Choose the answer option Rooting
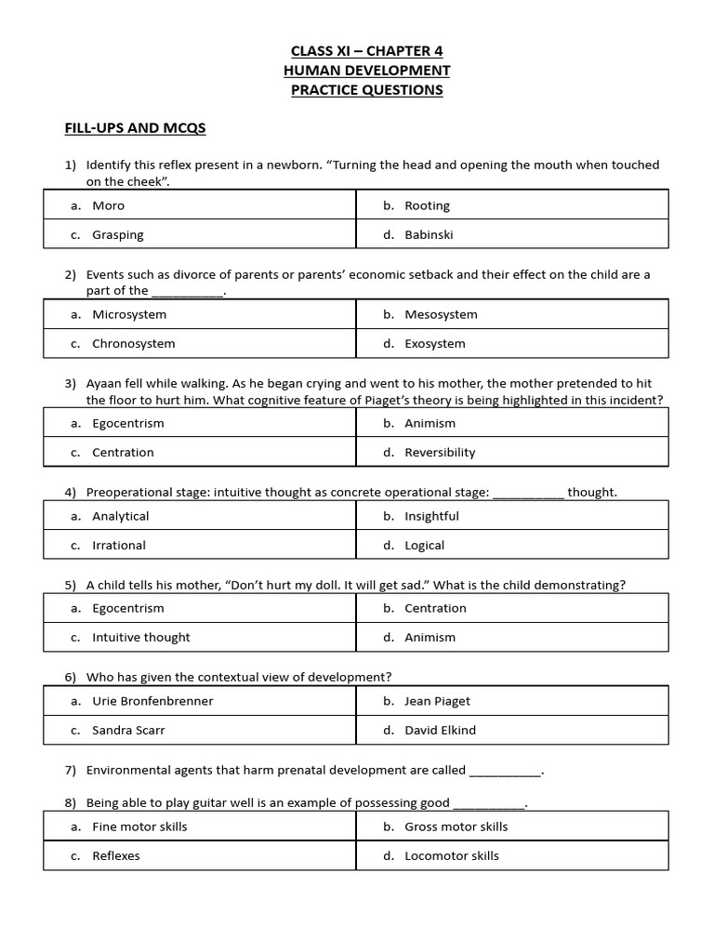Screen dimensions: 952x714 tap(427, 205)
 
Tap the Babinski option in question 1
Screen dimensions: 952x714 tap(429, 234)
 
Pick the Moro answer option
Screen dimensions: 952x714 tap(108, 205)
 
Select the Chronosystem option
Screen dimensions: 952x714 tap(133, 343)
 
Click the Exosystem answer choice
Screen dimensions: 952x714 tap(435, 343)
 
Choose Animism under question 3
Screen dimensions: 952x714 tap(430, 423)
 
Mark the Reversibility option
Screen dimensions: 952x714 tap(440, 452)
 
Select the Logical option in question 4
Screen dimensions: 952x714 tap(424, 545)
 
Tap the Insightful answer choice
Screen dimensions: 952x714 tap(431, 516)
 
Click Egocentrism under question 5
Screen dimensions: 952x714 tap(127, 608)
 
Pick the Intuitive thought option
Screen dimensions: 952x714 tap(140, 637)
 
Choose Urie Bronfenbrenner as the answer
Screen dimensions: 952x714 tap(152, 701)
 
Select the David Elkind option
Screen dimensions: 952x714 tap(440, 730)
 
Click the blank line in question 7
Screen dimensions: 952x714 tap(505, 772)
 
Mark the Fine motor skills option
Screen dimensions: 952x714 tap(139, 826)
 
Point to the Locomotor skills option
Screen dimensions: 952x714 tap(451, 855)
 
